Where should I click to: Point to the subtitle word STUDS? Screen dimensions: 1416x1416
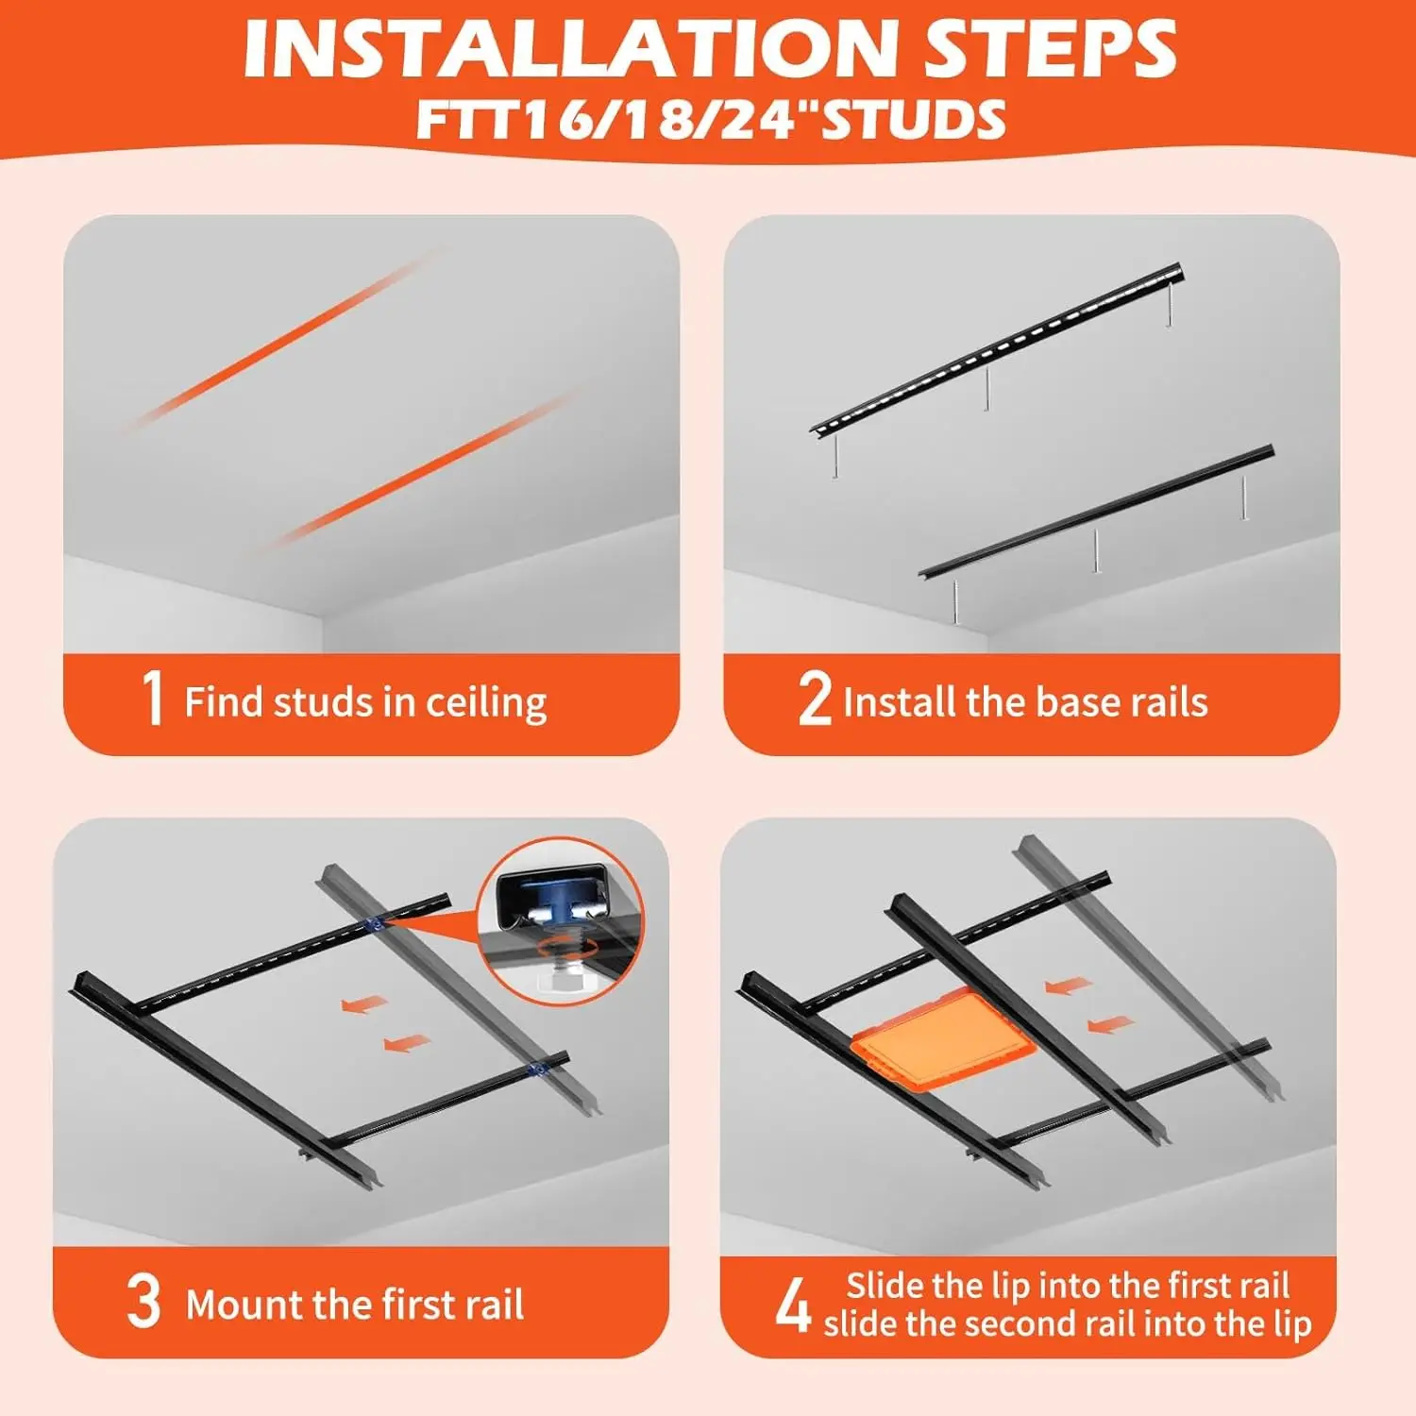914,121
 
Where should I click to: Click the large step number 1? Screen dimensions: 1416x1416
153,698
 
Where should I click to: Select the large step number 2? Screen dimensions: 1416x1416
815,698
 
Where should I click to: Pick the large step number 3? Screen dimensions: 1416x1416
143,1301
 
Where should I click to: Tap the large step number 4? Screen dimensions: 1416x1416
793,1305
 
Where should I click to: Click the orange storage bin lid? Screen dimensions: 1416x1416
943,1039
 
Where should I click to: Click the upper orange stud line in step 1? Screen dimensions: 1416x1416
283,340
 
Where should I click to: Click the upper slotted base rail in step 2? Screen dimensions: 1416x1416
997,349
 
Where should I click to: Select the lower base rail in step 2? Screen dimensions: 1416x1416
1098,513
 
